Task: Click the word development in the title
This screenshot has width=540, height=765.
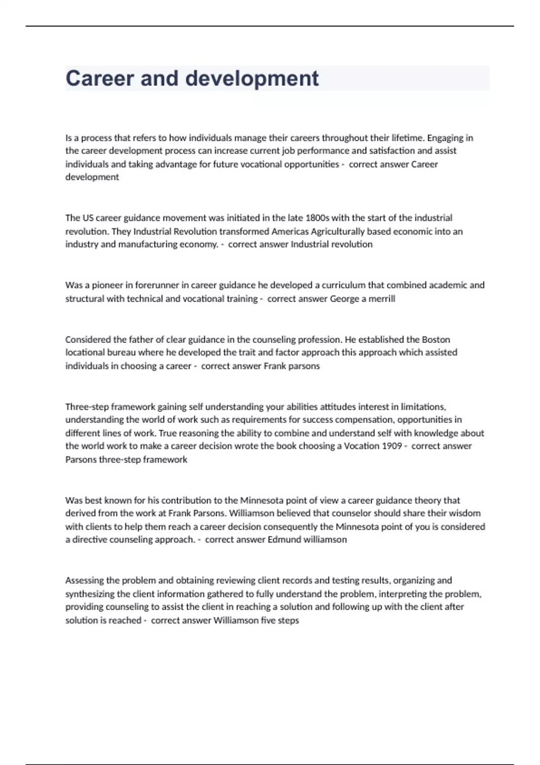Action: click(x=252, y=79)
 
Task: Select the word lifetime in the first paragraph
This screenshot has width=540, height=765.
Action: click(x=407, y=138)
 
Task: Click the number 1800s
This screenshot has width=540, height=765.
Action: click(x=317, y=218)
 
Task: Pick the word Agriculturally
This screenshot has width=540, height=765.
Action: click(x=337, y=231)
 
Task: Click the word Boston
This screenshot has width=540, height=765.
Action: click(x=436, y=339)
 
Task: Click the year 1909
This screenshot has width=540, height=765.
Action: click(x=392, y=446)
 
